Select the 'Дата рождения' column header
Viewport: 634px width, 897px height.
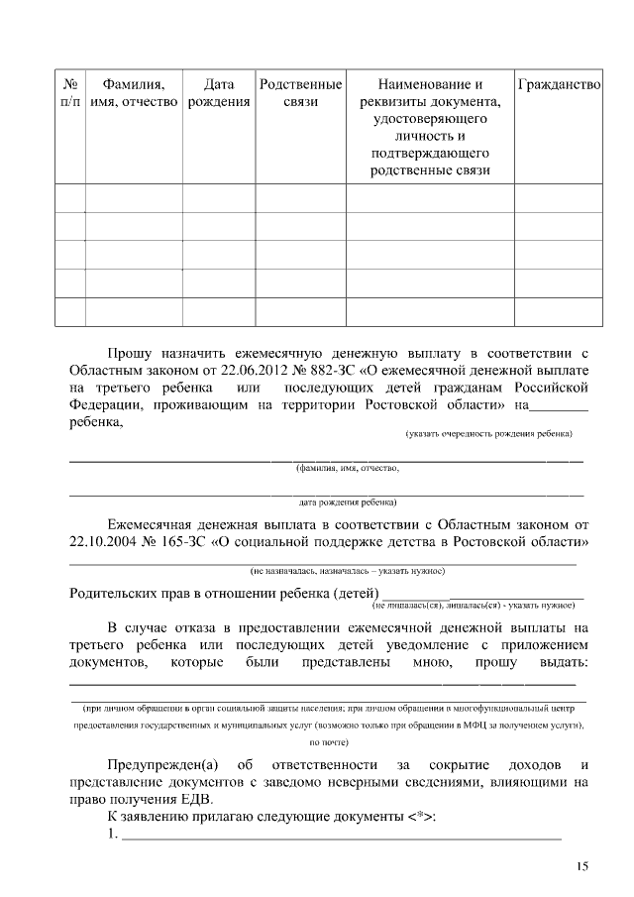point(218,94)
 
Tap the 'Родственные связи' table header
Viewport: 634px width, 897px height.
point(300,94)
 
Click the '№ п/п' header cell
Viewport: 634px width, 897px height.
point(69,94)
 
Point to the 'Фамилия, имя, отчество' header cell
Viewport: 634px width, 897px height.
point(134,94)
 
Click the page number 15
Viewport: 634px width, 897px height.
point(581,867)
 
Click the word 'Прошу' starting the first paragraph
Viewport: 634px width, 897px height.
point(130,351)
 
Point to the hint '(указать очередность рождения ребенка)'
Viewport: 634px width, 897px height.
point(488,434)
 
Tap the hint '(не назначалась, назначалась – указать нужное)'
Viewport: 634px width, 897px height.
point(347,571)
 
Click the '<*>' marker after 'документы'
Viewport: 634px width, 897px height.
point(419,818)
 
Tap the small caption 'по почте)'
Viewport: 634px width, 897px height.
point(329,741)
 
